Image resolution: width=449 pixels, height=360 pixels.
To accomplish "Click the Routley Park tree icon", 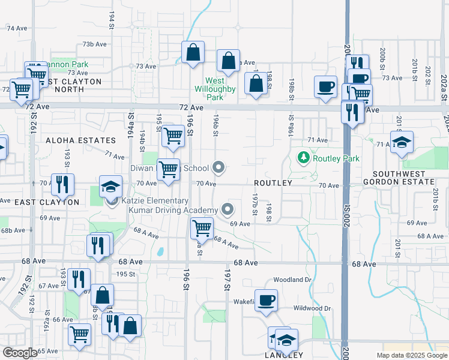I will [304, 158].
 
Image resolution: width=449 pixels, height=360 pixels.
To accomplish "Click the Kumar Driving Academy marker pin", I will [228, 209].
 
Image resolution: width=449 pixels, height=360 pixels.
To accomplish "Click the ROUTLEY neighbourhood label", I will [273, 182].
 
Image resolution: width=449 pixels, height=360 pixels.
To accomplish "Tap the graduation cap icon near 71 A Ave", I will [402, 143].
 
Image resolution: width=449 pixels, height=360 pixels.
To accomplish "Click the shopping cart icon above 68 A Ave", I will [202, 228].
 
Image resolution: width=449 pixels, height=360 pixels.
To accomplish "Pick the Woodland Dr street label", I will [293, 280].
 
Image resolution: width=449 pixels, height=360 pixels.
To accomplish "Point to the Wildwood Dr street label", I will [312, 308].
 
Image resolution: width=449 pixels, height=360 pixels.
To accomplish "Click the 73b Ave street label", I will [94, 44].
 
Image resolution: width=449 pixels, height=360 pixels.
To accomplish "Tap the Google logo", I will [20, 353].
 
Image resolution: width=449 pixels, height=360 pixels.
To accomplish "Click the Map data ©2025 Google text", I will [412, 355].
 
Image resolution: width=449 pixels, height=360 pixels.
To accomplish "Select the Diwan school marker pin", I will [220, 168].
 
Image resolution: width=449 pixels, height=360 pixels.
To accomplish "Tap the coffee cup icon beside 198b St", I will [325, 87].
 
